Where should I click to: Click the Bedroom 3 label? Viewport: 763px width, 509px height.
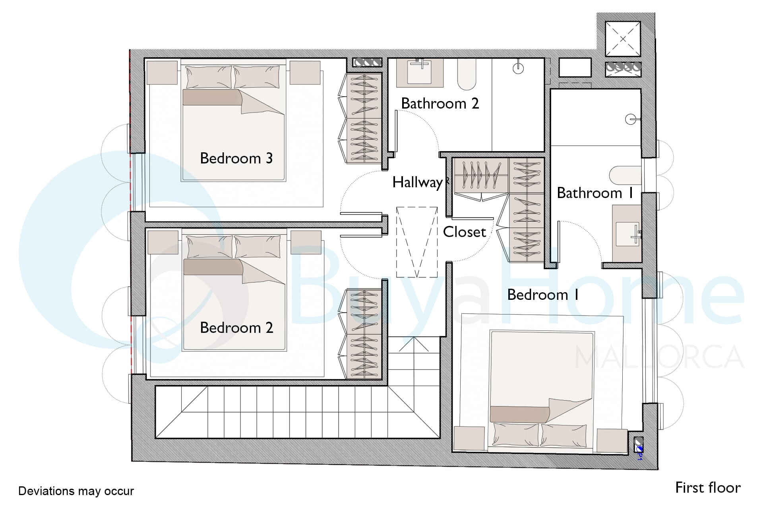click(236, 158)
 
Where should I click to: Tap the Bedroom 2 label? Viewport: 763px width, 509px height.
click(236, 328)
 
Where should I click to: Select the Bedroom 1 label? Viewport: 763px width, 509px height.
click(543, 295)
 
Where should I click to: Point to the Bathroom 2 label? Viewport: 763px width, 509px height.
click(440, 103)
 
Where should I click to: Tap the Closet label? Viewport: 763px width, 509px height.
click(465, 232)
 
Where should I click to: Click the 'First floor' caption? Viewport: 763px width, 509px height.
click(708, 488)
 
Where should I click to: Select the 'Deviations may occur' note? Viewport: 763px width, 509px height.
click(76, 491)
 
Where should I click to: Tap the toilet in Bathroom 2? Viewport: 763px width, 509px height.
click(467, 74)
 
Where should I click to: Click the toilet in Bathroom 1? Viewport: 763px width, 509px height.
click(625, 175)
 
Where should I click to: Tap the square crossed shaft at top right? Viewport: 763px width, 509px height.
click(623, 39)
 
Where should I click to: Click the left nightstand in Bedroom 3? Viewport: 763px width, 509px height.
click(162, 72)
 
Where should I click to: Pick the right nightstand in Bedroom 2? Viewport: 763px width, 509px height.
click(306, 243)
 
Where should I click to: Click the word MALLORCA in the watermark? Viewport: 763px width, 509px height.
click(659, 357)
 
